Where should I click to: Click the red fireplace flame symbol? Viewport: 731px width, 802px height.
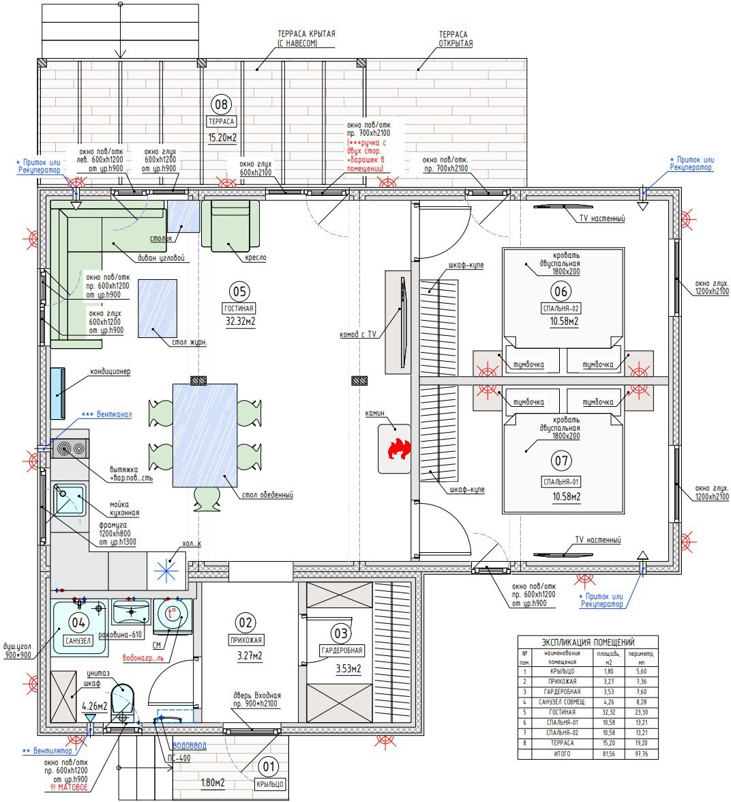tap(396, 448)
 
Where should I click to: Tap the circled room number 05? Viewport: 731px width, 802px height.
tap(239, 292)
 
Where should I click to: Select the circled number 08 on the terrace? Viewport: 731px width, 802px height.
tap(222, 105)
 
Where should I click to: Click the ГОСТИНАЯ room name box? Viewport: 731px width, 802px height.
tap(239, 309)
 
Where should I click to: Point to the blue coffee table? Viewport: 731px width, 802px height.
tap(158, 307)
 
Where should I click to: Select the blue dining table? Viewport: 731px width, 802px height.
tap(205, 435)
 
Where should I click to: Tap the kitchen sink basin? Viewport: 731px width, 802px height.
tap(69, 500)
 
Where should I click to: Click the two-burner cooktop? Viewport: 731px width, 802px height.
tap(72, 449)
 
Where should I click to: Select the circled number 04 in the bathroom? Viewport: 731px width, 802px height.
tap(78, 622)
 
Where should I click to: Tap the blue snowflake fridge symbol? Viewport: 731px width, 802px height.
tap(166, 569)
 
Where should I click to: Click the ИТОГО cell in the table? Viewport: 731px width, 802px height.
tap(563, 754)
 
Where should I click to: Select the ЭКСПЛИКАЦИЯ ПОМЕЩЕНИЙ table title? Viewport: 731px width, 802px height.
tap(588, 642)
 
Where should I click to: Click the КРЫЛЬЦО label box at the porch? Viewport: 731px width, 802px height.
tap(270, 784)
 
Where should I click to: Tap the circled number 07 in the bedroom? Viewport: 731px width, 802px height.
tap(561, 461)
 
